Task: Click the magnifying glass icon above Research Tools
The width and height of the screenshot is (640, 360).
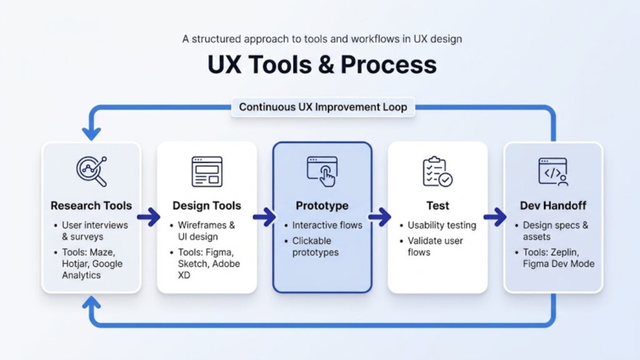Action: point(91,171)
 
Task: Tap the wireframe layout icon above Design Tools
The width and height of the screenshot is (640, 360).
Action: point(207,171)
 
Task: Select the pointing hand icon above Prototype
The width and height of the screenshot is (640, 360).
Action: point(322,171)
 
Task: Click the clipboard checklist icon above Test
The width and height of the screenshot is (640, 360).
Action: point(437,171)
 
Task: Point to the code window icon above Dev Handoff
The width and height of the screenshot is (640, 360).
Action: point(553,171)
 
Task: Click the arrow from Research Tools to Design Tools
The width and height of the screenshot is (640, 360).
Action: point(149,217)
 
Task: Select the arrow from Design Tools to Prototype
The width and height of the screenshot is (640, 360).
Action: point(264,217)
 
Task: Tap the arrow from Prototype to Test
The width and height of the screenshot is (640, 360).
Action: point(379,217)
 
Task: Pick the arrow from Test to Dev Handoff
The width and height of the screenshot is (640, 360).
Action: point(495,217)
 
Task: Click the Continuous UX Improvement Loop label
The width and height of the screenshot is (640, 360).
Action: point(323,107)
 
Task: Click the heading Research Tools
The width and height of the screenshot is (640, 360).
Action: point(91,206)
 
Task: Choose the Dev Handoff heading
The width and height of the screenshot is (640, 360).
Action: point(553,206)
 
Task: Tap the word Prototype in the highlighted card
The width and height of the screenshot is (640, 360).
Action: point(322,206)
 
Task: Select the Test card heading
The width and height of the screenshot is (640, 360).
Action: point(437,206)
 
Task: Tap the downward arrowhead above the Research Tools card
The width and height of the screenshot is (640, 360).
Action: point(91,133)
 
